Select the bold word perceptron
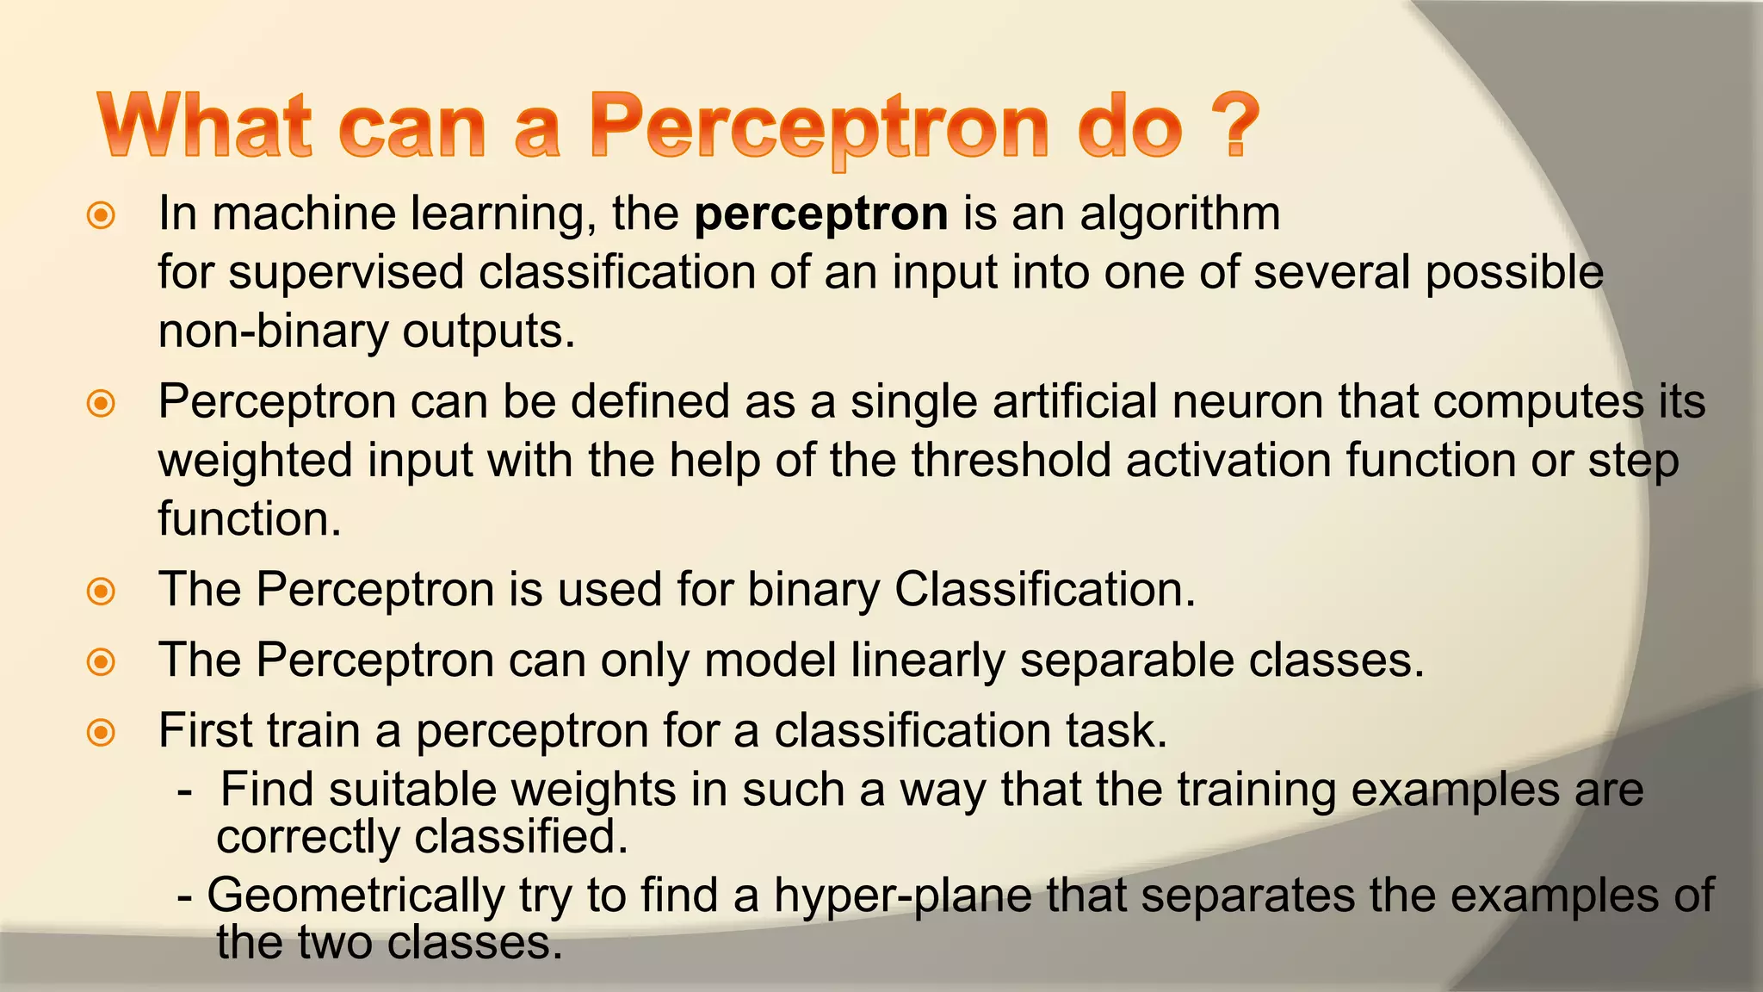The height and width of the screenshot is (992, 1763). (821, 214)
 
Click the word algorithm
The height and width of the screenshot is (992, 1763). (1180, 214)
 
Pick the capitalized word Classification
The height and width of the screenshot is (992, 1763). (1044, 590)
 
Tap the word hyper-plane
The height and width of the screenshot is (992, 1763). (902, 896)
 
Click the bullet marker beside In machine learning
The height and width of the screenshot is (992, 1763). (102, 215)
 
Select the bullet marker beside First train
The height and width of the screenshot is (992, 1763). (102, 733)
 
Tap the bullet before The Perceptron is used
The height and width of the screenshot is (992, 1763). (102, 592)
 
